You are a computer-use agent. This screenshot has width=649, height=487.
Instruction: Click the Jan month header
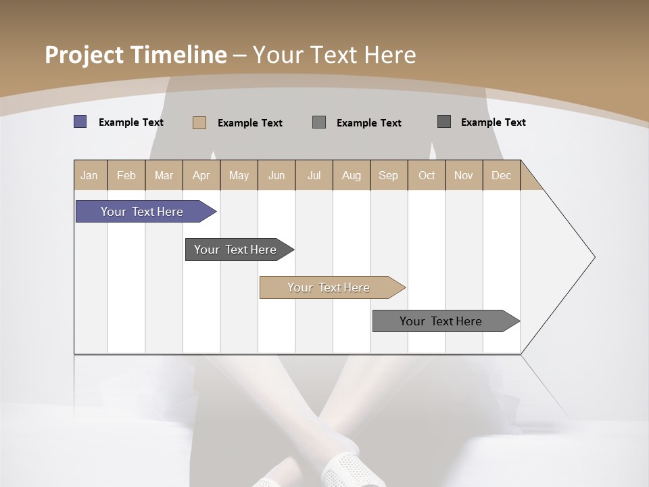pos(90,175)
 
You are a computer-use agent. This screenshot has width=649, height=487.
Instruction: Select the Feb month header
pos(126,175)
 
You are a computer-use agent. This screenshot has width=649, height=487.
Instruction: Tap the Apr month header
pos(201,175)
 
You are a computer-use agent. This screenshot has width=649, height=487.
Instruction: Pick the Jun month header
pos(277,175)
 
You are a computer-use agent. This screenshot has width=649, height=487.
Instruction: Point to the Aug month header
pos(352,175)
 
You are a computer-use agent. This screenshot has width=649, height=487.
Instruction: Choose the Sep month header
pos(389,175)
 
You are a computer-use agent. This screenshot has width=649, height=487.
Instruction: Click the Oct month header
pos(427,175)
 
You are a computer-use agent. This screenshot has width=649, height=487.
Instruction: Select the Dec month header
pos(502,175)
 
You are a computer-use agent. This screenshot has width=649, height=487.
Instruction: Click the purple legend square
pos(80,122)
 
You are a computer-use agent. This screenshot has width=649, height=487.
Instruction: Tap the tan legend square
pos(199,122)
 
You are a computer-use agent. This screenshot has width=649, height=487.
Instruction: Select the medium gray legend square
pos(319,122)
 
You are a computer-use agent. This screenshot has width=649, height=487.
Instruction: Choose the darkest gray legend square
pos(444,122)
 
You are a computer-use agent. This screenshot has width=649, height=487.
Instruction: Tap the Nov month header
pos(464,175)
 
